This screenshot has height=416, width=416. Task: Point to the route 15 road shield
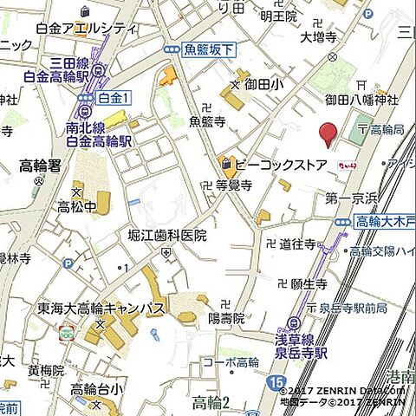(x=276, y=382)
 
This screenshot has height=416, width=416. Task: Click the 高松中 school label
(x=77, y=207)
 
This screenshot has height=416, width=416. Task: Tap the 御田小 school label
(x=263, y=85)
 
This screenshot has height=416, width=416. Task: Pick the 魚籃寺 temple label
(x=207, y=121)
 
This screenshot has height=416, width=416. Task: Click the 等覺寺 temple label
(x=233, y=185)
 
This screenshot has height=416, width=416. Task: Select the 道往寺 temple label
(x=297, y=245)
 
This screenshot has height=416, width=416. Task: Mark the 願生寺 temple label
(x=309, y=283)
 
